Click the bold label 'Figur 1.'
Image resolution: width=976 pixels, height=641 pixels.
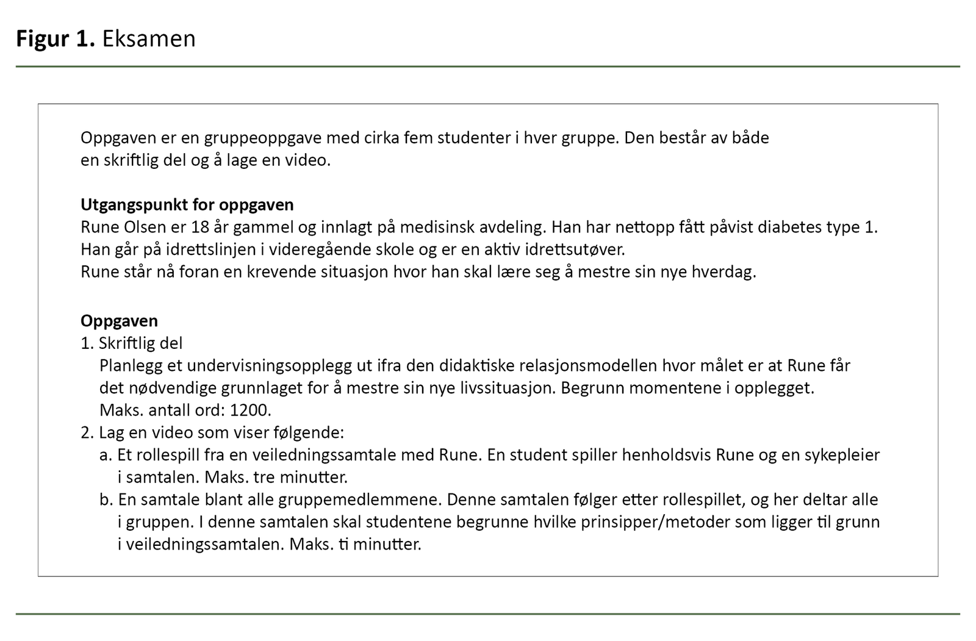pos(56,39)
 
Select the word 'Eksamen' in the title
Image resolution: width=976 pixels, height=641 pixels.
pos(149,39)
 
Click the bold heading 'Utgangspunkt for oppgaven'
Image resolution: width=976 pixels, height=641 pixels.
pos(187,205)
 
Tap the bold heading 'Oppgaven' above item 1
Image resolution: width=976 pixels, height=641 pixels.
pos(119,321)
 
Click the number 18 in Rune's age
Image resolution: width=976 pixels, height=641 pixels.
pos(200,227)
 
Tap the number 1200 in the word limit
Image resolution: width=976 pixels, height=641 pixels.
pos(250,410)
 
